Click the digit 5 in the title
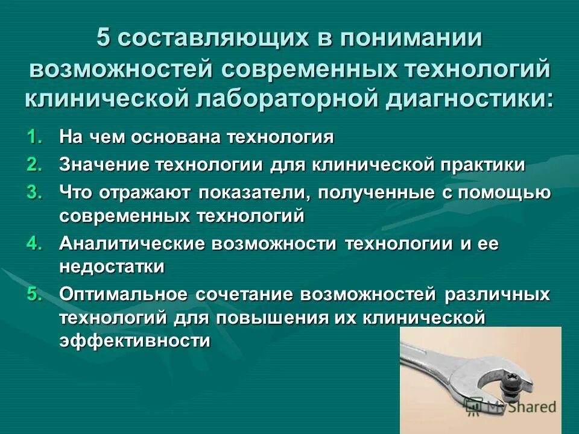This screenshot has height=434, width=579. point(104,40)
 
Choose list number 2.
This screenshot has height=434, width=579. point(36,165)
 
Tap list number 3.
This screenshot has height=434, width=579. point(36,193)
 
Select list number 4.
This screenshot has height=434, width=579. point(36,244)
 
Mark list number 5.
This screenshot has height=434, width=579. point(36,294)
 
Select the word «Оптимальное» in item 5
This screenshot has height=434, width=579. point(123,294)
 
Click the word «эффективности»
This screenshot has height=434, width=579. point(134,341)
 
